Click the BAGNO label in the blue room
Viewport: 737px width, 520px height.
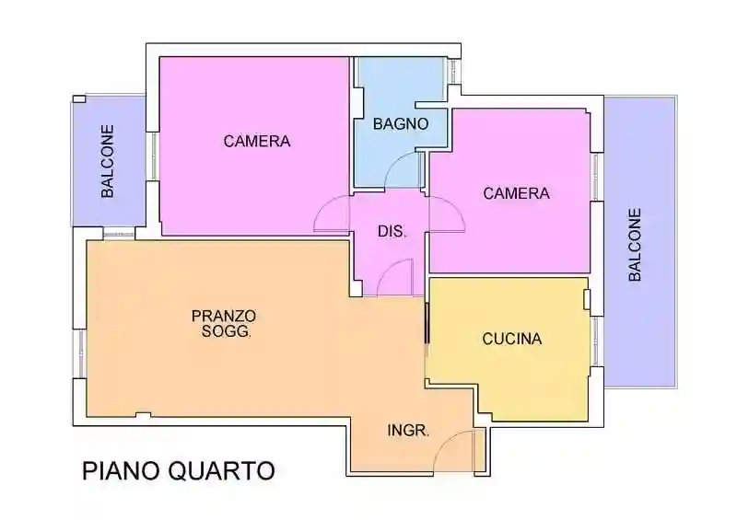click(x=401, y=123)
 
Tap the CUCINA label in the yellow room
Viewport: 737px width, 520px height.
click(x=512, y=339)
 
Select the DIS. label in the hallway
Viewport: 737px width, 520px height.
click(x=392, y=232)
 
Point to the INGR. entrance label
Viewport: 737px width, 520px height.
click(x=408, y=430)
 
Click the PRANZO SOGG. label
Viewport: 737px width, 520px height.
click(x=223, y=323)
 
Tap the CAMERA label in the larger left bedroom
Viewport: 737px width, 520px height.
click(x=257, y=142)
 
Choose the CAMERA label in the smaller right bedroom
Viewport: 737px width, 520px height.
click(x=516, y=193)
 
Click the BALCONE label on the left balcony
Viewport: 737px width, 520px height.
click(x=108, y=162)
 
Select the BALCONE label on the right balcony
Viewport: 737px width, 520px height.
click(x=635, y=244)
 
